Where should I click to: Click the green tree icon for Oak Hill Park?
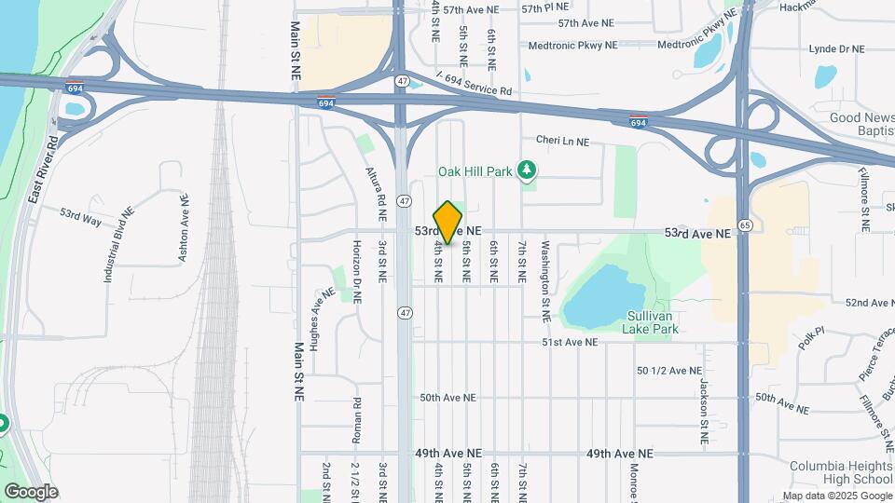529,170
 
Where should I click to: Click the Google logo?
31,491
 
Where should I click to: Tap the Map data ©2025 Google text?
835,496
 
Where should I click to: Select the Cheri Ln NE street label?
562,142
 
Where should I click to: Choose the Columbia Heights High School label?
841,472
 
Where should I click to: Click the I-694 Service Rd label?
475,84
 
